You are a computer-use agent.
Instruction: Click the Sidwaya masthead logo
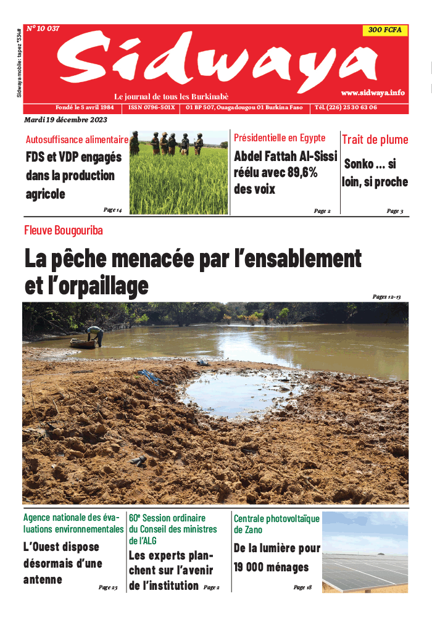pyautogui.click(x=216, y=62)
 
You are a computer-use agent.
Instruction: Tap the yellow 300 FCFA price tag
pyautogui.click(x=384, y=30)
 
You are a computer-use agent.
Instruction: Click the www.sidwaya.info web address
pyautogui.click(x=373, y=93)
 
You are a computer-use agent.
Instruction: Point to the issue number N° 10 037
pyautogui.click(x=43, y=28)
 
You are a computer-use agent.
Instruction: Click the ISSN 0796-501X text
pyautogui.click(x=152, y=107)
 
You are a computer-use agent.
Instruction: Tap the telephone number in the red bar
pyautogui.click(x=346, y=107)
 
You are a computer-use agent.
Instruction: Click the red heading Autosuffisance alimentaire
pyautogui.click(x=77, y=139)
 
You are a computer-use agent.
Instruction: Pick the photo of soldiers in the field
pyautogui.click(x=178, y=173)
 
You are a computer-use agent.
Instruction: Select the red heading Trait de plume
pyautogui.click(x=375, y=140)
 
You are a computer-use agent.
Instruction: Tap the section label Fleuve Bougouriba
pyautogui.click(x=63, y=231)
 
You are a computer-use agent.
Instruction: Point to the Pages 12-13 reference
pyautogui.click(x=387, y=297)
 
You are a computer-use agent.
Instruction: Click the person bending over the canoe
pyautogui.click(x=94, y=334)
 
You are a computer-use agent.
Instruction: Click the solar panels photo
pyautogui.click(x=365, y=552)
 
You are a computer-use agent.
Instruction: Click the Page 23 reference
pyautogui.click(x=108, y=587)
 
